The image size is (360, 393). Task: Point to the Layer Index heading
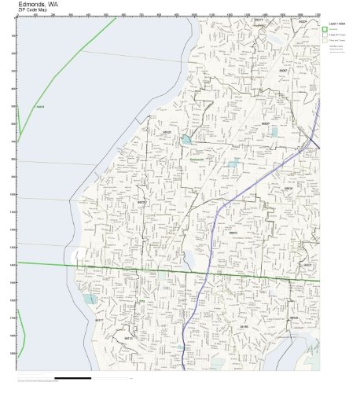331,24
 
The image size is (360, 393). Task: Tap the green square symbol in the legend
325,32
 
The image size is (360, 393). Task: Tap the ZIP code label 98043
233,232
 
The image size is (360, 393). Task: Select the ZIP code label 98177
99,321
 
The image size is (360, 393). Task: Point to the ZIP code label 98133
128,337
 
